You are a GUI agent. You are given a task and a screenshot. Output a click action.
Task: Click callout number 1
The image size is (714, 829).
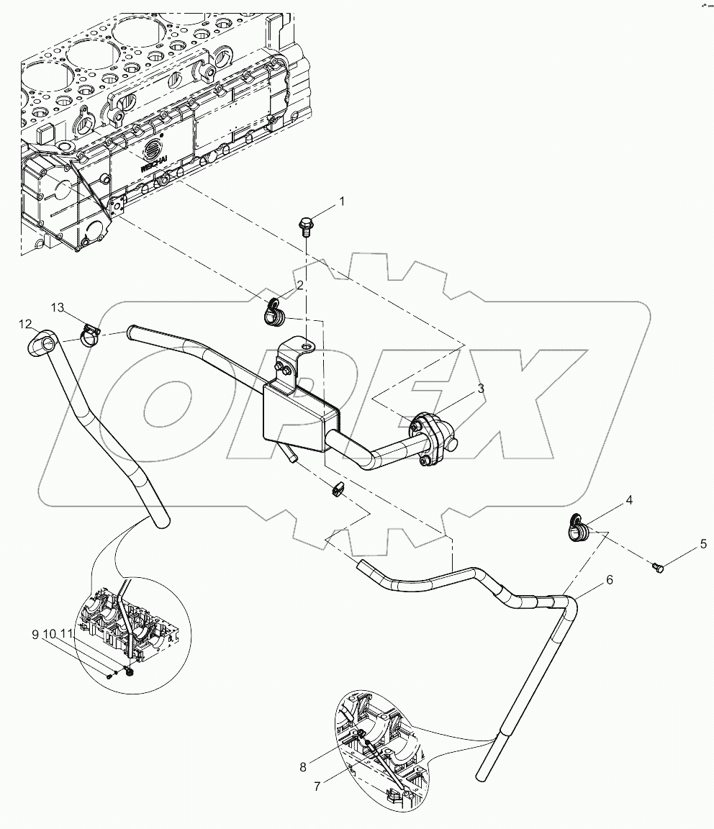tap(342, 201)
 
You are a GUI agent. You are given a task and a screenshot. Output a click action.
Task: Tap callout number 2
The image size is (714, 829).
tap(299, 286)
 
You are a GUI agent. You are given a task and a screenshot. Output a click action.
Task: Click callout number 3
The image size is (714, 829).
tap(481, 389)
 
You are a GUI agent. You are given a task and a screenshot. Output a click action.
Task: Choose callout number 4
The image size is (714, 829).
tap(628, 499)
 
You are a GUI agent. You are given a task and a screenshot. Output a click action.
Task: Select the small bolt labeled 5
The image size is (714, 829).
tap(657, 568)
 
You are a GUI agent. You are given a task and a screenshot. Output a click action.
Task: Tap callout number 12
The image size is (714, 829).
tap(24, 324)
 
